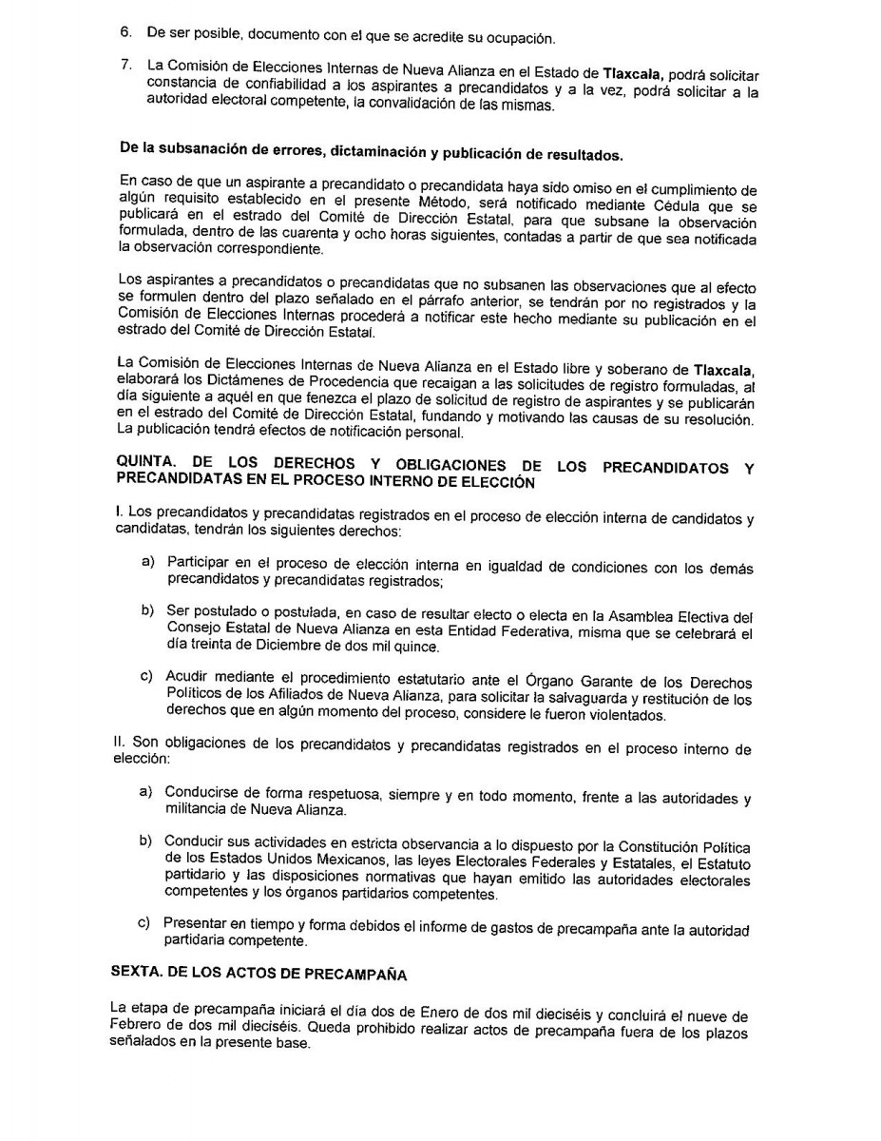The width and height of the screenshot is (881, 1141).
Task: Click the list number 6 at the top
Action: [x=124, y=32]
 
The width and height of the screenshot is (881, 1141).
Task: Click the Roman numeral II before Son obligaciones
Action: [x=118, y=747]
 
